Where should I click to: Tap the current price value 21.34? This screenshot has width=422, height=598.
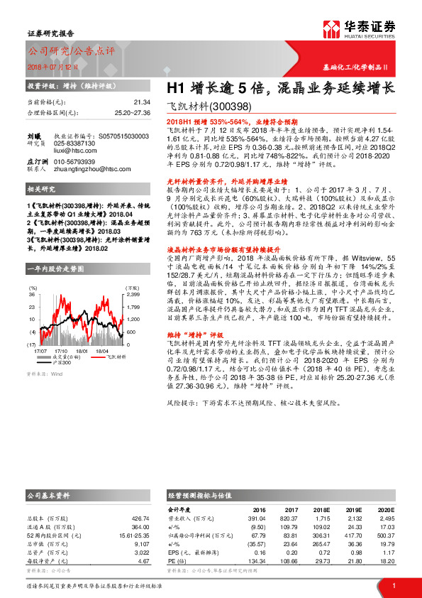pos(142,102)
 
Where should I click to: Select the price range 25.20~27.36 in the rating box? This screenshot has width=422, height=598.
pos(132,112)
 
